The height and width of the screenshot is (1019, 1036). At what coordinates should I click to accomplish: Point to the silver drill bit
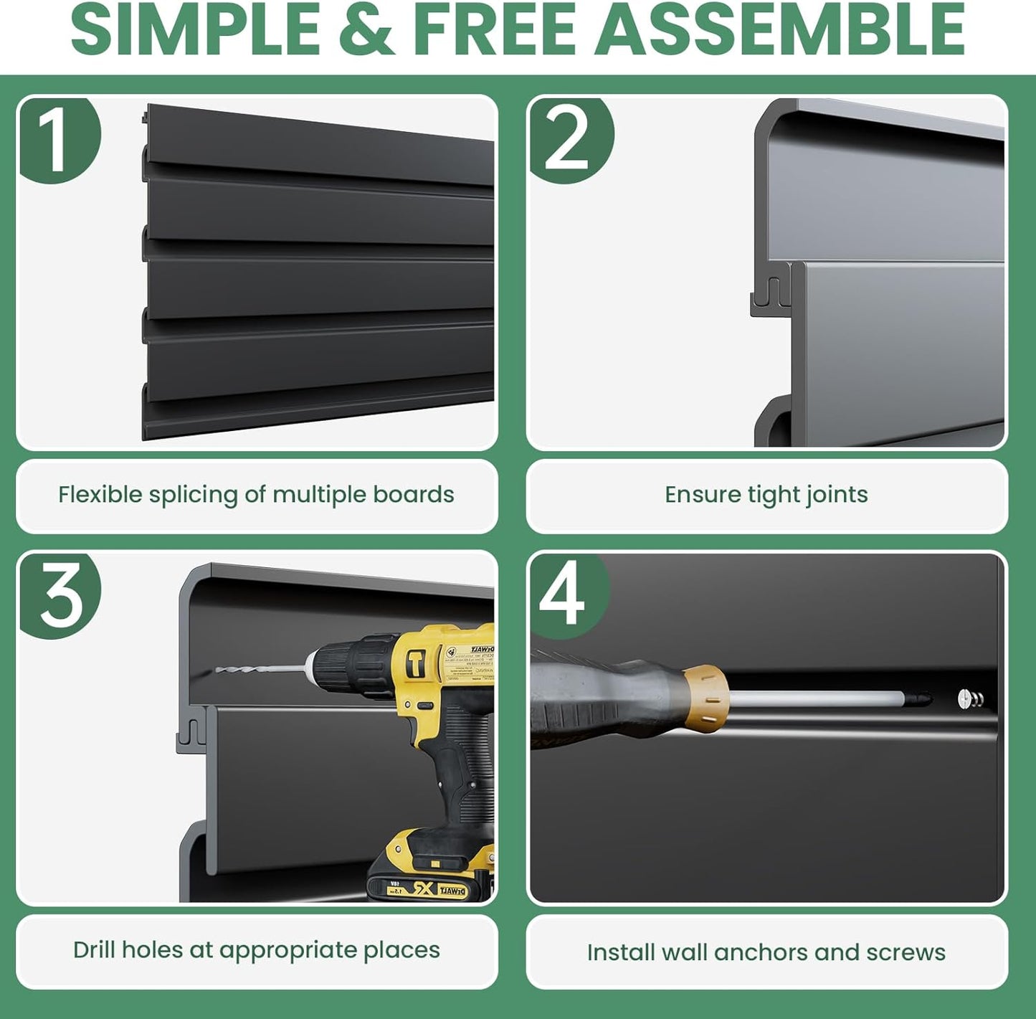click(x=258, y=670)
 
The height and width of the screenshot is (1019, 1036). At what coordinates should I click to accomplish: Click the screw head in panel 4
click(x=965, y=698)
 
